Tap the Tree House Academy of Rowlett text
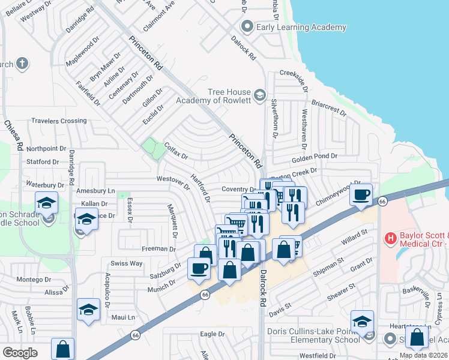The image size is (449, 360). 212,96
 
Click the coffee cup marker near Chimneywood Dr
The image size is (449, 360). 361,195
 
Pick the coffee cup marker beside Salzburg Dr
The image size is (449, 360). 199,269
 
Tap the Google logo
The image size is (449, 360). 20,352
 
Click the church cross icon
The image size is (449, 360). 22,64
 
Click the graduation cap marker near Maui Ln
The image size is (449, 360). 88,310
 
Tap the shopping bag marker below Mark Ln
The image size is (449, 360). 62,349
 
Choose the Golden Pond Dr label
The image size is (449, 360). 315,158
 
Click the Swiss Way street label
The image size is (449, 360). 126,263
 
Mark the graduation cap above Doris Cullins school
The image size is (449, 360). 362,322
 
